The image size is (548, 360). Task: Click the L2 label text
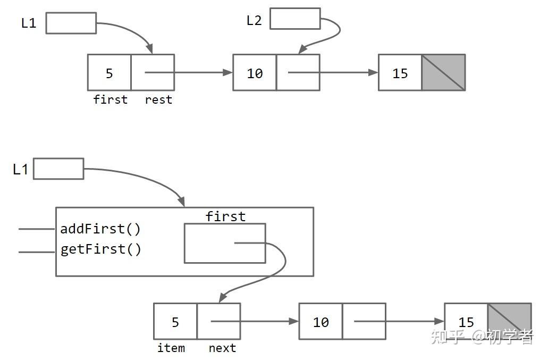pyautogui.click(x=254, y=20)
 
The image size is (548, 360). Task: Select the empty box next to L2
pyautogui.click(x=295, y=19)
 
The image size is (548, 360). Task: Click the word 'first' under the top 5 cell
pyautogui.click(x=110, y=99)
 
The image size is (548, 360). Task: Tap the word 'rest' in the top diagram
pyautogui.click(x=158, y=99)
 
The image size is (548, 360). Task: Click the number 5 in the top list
pyautogui.click(x=109, y=73)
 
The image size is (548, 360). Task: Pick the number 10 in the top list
pyautogui.click(x=255, y=73)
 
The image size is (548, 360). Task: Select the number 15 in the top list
pyautogui.click(x=400, y=73)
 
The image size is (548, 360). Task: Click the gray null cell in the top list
pyautogui.click(x=443, y=72)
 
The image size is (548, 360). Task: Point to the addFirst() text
pyautogui.click(x=100, y=229)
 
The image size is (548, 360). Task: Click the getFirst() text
pyautogui.click(x=101, y=249)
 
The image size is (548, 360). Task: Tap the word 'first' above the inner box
pyautogui.click(x=225, y=216)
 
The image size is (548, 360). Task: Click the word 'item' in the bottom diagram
pyautogui.click(x=171, y=348)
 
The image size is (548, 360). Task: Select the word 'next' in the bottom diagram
pyautogui.click(x=222, y=348)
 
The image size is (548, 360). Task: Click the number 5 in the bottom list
pyautogui.click(x=175, y=322)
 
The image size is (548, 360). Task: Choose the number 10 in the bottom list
pyautogui.click(x=321, y=322)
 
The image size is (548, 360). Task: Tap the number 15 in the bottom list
pyautogui.click(x=466, y=322)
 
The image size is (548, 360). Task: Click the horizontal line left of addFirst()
pyautogui.click(x=37, y=229)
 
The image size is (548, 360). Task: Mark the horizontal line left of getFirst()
pyautogui.click(x=37, y=252)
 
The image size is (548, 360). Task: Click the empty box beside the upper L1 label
pyautogui.click(x=71, y=23)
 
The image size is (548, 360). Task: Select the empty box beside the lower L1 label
pyautogui.click(x=58, y=169)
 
